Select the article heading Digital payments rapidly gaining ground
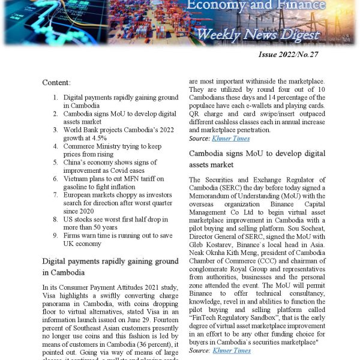pos(110,266)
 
